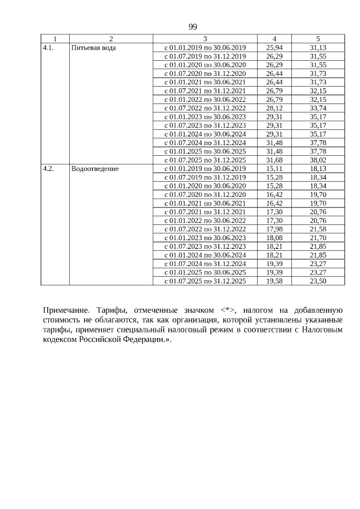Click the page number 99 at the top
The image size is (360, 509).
[x=193, y=27]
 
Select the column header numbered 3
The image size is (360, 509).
[x=205, y=39]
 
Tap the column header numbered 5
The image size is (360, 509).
[x=318, y=39]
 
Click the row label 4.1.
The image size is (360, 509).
[x=48, y=48]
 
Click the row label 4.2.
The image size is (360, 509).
[x=48, y=169]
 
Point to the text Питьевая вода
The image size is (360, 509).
[x=94, y=48]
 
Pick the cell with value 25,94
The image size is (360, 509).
[x=274, y=48]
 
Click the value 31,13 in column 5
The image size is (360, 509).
[x=318, y=48]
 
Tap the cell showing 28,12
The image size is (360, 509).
[x=274, y=108]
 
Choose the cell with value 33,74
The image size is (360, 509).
[x=318, y=108]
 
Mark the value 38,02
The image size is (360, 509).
[x=318, y=160]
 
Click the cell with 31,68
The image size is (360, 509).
[x=274, y=160]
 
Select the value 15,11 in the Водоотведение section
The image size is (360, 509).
[x=274, y=169]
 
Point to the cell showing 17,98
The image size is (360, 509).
[x=274, y=229]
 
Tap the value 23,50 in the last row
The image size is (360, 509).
[x=318, y=281]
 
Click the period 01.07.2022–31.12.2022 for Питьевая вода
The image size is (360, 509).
[x=205, y=108]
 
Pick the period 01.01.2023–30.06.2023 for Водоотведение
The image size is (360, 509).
[x=205, y=237]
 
